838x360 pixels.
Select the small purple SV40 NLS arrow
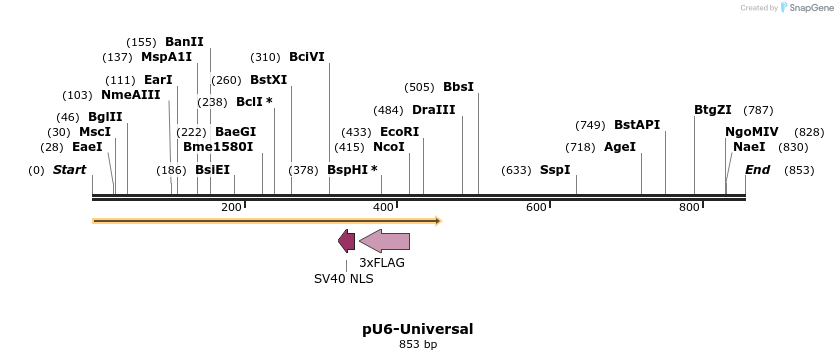[x=347, y=240]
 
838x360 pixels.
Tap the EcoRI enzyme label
[x=400, y=132]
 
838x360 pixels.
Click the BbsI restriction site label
[x=459, y=87]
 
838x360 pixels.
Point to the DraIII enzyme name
[x=433, y=110]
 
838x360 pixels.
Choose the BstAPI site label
[x=637, y=125]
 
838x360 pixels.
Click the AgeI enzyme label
[x=620, y=147]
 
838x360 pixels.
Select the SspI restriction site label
[x=555, y=170]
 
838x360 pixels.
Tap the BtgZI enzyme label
[x=713, y=110]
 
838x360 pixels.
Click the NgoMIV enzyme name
[x=752, y=132]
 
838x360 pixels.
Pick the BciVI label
[x=307, y=57]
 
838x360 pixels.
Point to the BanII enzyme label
[x=184, y=42]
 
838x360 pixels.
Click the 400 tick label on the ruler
[x=384, y=207]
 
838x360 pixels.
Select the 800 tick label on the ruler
[x=689, y=207]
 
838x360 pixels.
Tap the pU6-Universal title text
[x=418, y=328]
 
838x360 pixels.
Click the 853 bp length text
[x=418, y=344]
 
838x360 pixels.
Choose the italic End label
[x=757, y=170]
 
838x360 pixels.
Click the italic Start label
[x=69, y=170]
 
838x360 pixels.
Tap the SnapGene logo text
[x=807, y=8]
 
